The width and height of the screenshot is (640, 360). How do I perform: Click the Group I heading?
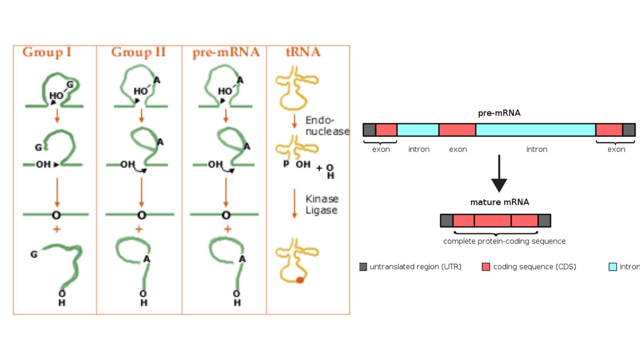point(47,52)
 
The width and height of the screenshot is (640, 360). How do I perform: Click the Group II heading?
point(138,52)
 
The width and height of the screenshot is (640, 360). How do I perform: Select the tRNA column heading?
point(303,52)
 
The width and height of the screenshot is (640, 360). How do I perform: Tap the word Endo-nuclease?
point(327,126)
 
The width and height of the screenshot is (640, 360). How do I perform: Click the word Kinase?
point(322,199)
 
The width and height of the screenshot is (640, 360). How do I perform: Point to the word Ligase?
point(321,210)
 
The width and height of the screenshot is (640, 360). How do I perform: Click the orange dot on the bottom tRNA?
point(300,280)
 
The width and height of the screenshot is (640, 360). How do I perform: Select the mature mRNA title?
point(500,202)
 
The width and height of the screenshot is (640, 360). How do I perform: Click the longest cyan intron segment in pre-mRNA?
point(536,130)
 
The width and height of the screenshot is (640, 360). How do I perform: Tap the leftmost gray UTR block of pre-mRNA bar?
point(369,130)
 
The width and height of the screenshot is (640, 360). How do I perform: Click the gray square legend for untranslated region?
point(363,267)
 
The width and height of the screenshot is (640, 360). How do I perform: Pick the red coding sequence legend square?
point(486,267)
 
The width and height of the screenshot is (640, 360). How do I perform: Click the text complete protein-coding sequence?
point(504,241)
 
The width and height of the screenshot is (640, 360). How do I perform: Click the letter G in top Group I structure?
point(70,84)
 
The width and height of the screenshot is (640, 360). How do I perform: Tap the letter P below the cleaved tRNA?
point(286,164)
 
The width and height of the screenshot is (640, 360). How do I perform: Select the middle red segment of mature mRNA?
point(492,221)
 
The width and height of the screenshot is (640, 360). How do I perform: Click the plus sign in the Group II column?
point(139,229)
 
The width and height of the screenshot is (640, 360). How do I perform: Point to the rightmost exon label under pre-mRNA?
point(616,149)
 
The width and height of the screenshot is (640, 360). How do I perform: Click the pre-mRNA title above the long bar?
point(499,113)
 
